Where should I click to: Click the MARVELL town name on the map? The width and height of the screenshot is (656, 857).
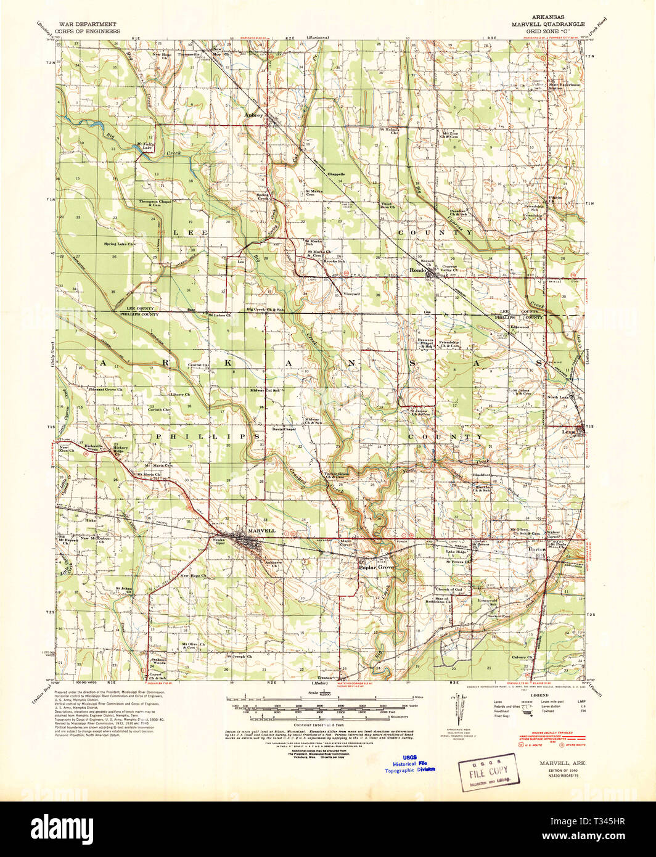261,530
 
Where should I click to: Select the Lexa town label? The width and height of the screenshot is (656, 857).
568,432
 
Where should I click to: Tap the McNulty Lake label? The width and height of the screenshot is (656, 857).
143,146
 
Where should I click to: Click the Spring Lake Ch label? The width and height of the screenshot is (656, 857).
122,244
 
